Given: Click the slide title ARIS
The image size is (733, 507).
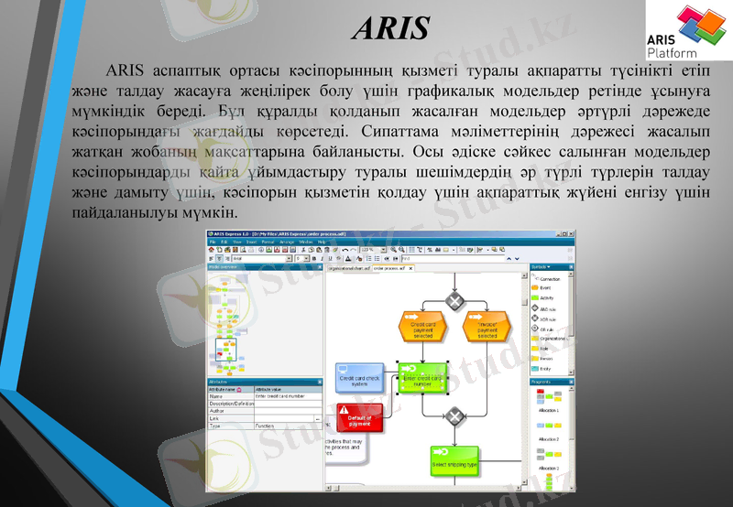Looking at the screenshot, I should point(390,28).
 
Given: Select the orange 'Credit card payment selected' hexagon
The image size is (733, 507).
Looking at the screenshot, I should point(422,329).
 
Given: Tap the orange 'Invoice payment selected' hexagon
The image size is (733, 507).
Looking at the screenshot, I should point(487,329).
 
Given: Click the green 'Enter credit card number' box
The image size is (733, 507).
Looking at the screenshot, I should point(422,379).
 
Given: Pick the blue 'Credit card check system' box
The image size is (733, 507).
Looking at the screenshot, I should point(359,380).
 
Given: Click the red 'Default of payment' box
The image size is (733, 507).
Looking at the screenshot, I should point(359,419).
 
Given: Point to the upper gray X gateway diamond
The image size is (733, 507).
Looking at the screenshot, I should point(455,299).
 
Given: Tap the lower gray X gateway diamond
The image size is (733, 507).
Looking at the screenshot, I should point(455,417).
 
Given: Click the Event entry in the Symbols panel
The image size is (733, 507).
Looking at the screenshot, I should point(545,288).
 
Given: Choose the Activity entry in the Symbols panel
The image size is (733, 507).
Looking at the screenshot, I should point(546,298).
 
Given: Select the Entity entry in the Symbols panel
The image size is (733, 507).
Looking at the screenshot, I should point(545,369).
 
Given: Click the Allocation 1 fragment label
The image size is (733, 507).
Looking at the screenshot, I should point(548,412).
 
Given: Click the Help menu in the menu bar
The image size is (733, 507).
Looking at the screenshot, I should point(322,242).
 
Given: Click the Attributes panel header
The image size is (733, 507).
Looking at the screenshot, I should point(220,382).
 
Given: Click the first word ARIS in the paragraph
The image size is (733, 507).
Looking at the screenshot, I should point(124,70).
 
